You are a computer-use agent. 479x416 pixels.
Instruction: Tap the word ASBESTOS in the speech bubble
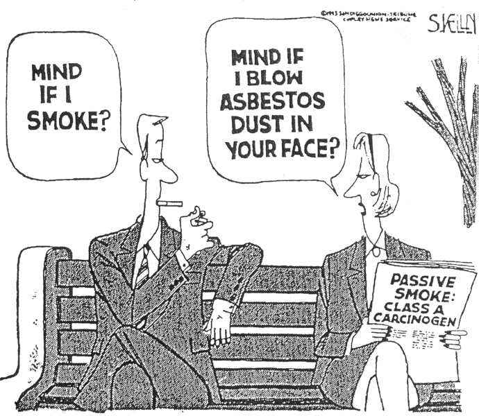pos(272,102)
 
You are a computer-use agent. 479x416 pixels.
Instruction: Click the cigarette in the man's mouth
pos(171,203)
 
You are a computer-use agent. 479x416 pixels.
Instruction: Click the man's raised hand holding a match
pos(198,222)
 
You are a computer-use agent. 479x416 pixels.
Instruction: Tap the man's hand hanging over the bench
pos(221,322)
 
